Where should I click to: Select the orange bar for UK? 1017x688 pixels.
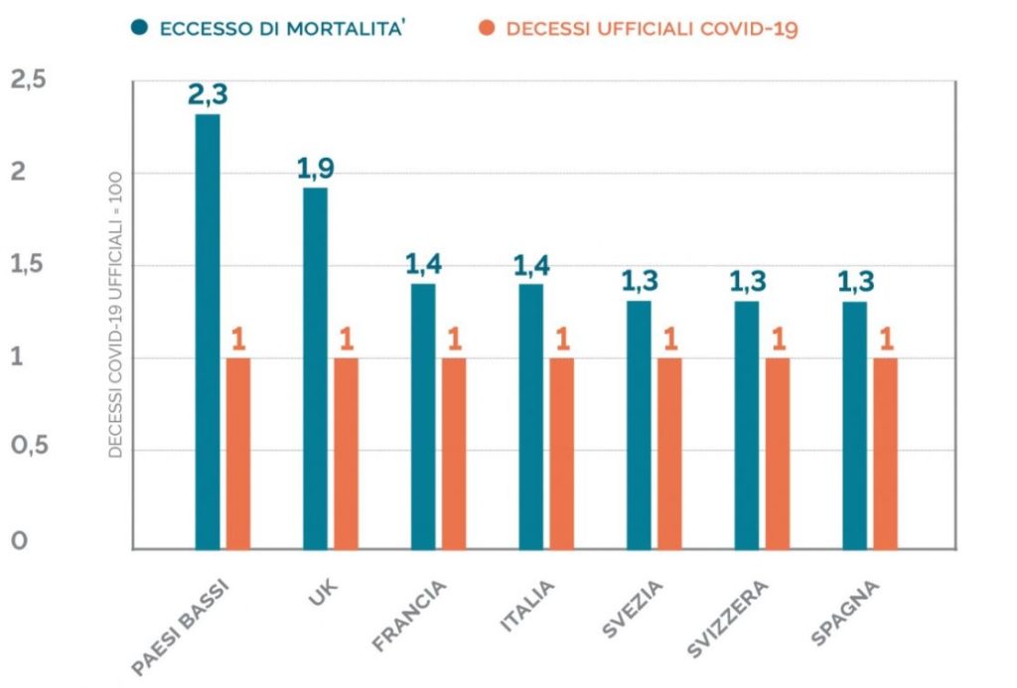coord(346,453)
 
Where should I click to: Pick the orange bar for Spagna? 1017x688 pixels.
coord(885,453)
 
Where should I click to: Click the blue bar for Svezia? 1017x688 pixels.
coord(640,424)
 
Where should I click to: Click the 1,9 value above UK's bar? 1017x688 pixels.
coord(316,169)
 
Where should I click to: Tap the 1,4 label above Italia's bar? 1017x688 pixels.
coord(531,265)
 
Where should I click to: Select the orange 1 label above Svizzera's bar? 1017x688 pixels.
coord(778,340)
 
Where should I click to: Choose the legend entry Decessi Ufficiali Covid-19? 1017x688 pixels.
coord(652,28)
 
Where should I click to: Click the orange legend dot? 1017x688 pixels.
coord(486,28)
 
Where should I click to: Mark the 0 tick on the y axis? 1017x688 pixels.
coord(17,542)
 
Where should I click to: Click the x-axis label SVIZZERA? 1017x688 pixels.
coord(727,621)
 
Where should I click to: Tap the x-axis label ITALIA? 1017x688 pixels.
coord(526,608)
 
